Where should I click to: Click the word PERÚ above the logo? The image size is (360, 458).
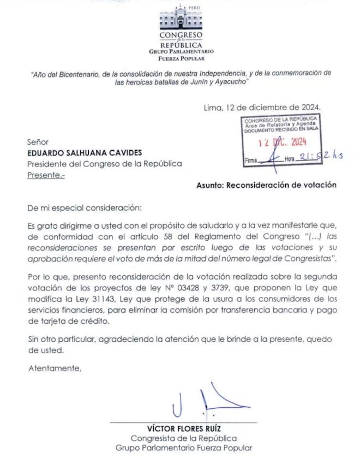click(x=195, y=7)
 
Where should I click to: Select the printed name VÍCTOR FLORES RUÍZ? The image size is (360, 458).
click(x=179, y=427)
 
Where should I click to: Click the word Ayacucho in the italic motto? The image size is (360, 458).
click(x=230, y=81)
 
